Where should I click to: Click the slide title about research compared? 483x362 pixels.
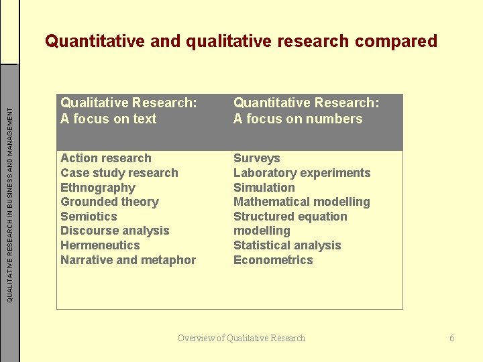pyautogui.click(x=241, y=42)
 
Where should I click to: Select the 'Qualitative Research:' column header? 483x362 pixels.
pyautogui.click(x=129, y=103)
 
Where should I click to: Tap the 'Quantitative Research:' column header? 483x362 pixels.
pyautogui.click(x=306, y=103)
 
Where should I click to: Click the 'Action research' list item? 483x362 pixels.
pyautogui.click(x=106, y=158)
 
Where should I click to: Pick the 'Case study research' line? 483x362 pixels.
pyautogui.click(x=119, y=173)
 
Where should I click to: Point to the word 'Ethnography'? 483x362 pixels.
pyautogui.click(x=98, y=188)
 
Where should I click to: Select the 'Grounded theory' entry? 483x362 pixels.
pyautogui.click(x=109, y=202)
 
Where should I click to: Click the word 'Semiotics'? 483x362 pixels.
pyautogui.click(x=89, y=217)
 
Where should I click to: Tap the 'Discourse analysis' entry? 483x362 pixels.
pyautogui.click(x=115, y=231)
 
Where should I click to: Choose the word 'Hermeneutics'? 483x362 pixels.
pyautogui.click(x=100, y=245)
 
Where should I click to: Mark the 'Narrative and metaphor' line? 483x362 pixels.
pyautogui.click(x=128, y=260)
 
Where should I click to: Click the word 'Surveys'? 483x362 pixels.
pyautogui.click(x=256, y=158)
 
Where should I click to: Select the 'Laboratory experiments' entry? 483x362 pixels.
pyautogui.click(x=302, y=173)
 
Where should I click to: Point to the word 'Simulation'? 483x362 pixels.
pyautogui.click(x=264, y=188)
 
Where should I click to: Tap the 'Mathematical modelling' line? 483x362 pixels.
pyautogui.click(x=301, y=202)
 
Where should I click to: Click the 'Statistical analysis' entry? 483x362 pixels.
pyautogui.click(x=287, y=245)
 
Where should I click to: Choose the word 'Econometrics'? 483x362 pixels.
pyautogui.click(x=273, y=260)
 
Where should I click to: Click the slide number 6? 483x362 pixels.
pyautogui.click(x=451, y=338)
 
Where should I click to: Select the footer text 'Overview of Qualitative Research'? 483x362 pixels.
pyautogui.click(x=241, y=338)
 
